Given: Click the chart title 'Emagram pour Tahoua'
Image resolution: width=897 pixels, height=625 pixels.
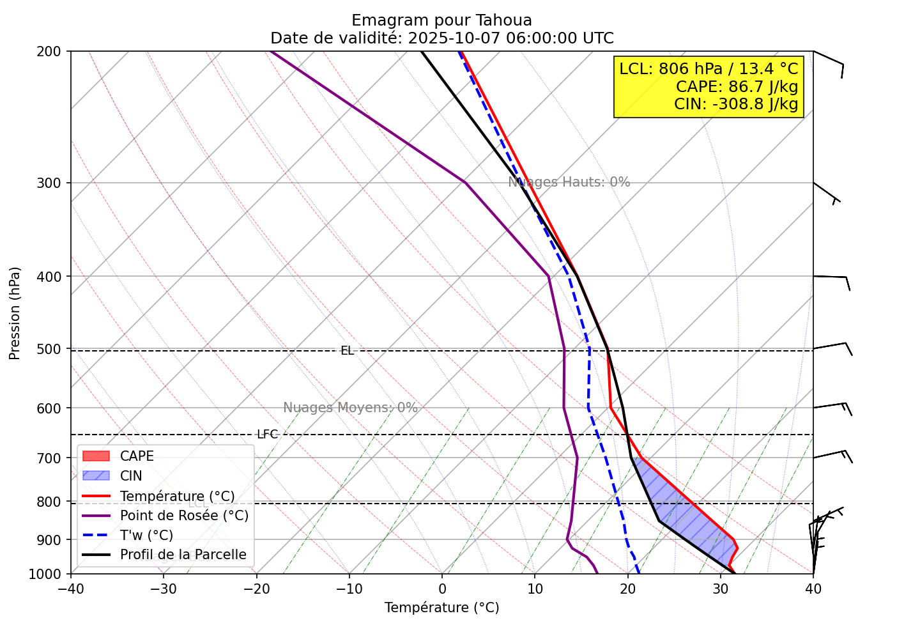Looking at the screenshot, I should click(x=441, y=20).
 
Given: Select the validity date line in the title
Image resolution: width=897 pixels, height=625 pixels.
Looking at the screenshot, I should click(x=441, y=38).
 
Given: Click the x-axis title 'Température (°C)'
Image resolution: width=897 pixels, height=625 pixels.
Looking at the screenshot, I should click(x=441, y=608).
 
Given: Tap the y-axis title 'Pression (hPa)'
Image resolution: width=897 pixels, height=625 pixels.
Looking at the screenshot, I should click(x=15, y=313).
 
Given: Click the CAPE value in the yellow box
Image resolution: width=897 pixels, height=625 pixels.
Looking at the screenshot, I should click(x=737, y=86).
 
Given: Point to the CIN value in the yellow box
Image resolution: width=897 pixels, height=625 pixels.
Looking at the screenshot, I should click(x=735, y=104).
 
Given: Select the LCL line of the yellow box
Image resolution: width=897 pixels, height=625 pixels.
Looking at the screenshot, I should click(x=709, y=68).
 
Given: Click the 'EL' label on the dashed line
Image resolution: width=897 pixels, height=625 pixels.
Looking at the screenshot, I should click(x=347, y=351).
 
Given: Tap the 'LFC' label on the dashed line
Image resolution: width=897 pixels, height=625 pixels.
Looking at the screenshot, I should click(x=267, y=435).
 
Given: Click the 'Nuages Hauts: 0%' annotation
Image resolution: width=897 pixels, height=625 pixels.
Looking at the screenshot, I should click(x=569, y=182).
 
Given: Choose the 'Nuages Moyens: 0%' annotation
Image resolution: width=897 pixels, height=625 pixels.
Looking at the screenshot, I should click(x=350, y=408).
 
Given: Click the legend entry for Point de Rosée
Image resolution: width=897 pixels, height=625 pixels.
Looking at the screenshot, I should click(x=184, y=516).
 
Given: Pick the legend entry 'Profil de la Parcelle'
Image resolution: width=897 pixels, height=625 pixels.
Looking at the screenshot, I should click(x=183, y=555).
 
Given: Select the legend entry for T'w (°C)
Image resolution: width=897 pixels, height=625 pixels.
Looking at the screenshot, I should click(x=146, y=536).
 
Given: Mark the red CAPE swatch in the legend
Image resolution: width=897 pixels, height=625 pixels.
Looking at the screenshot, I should click(x=96, y=456).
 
